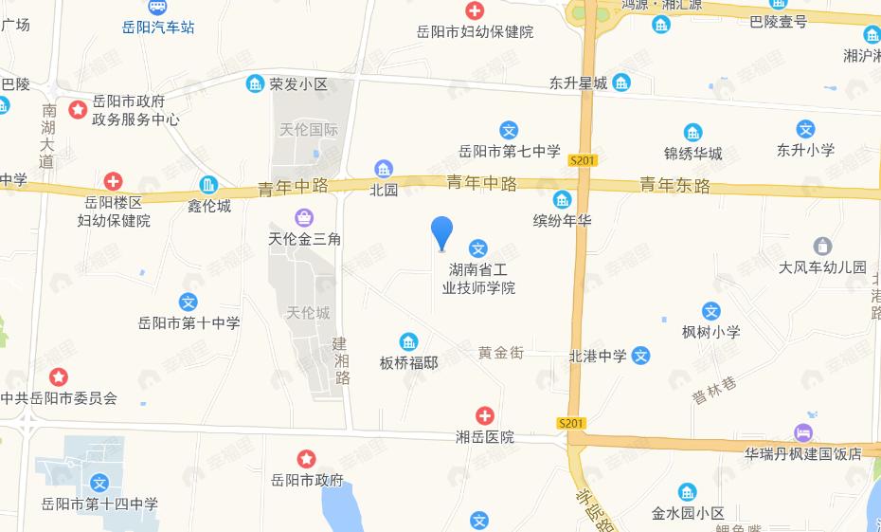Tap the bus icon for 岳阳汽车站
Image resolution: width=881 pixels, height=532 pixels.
pyautogui.click(x=158, y=8)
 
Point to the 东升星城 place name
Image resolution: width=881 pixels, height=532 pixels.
pyautogui.click(x=577, y=83)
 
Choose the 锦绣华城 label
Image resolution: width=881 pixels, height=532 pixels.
pyautogui.click(x=693, y=153)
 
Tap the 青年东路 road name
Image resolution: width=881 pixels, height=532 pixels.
pyautogui.click(x=674, y=185)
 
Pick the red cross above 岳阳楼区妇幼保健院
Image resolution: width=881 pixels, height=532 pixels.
pyautogui.click(x=113, y=180)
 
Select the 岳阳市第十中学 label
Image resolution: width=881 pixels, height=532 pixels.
pyautogui.click(x=189, y=323)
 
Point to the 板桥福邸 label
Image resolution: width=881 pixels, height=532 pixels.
pyautogui.click(x=409, y=362)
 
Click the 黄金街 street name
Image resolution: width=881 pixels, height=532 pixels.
pyautogui.click(x=500, y=353)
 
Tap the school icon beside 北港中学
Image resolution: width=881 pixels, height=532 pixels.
pyautogui.click(x=641, y=357)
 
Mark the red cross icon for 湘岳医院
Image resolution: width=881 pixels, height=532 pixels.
pyautogui.click(x=484, y=416)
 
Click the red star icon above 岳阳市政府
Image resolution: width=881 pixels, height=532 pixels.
pyautogui.click(x=306, y=460)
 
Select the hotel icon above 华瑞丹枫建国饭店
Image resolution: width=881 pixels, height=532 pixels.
pyautogui.click(x=803, y=432)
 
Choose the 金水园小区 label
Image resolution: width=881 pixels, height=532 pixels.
pyautogui.click(x=688, y=514)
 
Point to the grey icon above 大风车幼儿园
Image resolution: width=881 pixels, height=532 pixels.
pyautogui.click(x=822, y=247)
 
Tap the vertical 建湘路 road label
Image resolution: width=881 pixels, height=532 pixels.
pyautogui.click(x=342, y=362)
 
